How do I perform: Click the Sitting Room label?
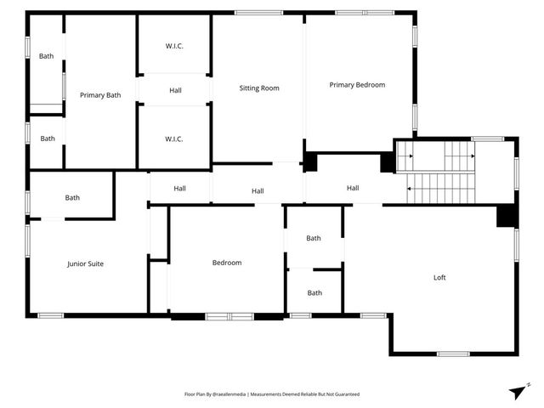pyautogui.click(x=259, y=88)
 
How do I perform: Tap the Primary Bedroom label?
pyautogui.click(x=357, y=85)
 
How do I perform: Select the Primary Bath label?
pyautogui.click(x=100, y=95)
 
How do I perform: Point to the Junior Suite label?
pyautogui.click(x=85, y=263)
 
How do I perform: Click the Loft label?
pyautogui.click(x=439, y=277)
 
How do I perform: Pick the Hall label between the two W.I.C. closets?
pyautogui.click(x=175, y=91)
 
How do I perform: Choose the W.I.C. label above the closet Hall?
pyautogui.click(x=174, y=46)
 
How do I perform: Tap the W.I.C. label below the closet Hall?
pyautogui.click(x=174, y=139)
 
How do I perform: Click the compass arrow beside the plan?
pyautogui.click(x=518, y=390)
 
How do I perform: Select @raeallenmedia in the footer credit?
pyautogui.click(x=229, y=394)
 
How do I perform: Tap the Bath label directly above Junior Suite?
pyautogui.click(x=72, y=198)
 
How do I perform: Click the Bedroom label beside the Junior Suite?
pyautogui.click(x=227, y=263)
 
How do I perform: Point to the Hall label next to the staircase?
pyautogui.click(x=353, y=188)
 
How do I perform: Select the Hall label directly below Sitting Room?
pyautogui.click(x=258, y=191)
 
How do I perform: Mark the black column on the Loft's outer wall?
pyautogui.click(x=507, y=216)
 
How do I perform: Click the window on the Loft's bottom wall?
pyautogui.click(x=453, y=354)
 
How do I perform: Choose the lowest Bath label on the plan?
pyautogui.click(x=314, y=293)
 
